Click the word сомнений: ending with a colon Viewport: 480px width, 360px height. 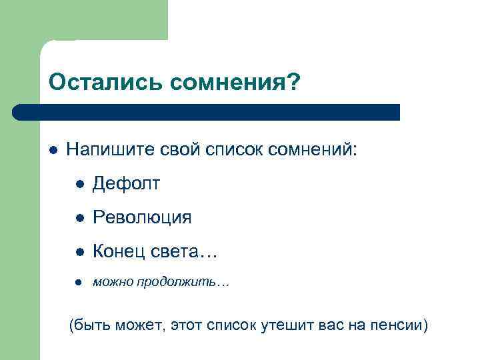coord(313,150)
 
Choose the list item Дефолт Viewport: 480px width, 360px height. coord(126,183)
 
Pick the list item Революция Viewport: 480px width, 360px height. coord(142,217)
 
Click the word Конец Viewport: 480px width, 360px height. coord(117,251)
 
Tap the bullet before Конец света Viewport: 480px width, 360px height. coord(79,252)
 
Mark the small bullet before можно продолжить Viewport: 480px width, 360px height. coord(79,283)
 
